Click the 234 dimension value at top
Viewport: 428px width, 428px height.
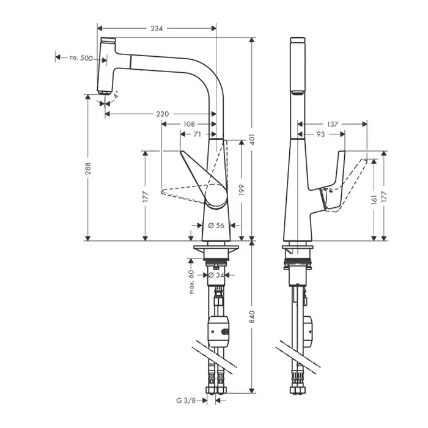tap(157, 28)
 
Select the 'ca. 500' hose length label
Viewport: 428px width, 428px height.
tap(81, 58)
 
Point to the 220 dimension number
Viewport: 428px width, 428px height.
tap(163, 114)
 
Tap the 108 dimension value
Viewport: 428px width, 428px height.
tap(189, 124)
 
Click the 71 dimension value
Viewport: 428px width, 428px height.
tap(197, 135)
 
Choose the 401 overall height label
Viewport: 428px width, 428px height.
tap(252, 139)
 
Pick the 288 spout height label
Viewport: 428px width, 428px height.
tap(88, 168)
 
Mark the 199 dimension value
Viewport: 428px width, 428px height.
tap(242, 190)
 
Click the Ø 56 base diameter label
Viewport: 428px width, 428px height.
tap(216, 225)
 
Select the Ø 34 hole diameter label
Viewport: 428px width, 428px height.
tap(216, 275)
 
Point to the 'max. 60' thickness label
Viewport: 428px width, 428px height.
tap(191, 282)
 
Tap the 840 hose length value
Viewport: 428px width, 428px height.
tap(252, 317)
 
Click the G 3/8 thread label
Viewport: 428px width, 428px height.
tap(186, 400)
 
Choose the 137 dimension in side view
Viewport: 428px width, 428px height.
tap(333, 124)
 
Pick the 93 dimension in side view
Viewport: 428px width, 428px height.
tap(320, 135)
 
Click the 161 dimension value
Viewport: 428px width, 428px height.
tap(374, 199)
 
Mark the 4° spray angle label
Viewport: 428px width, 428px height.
tap(116, 94)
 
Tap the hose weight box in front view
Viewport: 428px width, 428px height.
tap(218, 331)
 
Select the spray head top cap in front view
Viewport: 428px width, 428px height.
tap(108, 40)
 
